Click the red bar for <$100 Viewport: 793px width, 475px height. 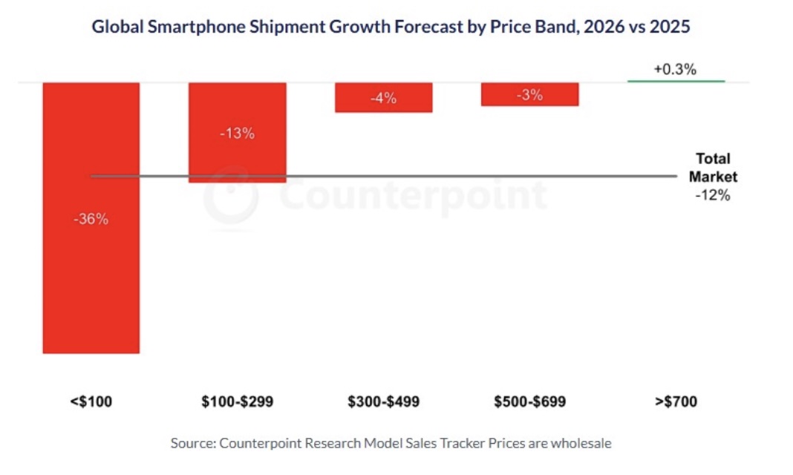coord(91,282)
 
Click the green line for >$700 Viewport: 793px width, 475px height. coord(676,81)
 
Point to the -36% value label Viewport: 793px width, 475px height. coord(91,220)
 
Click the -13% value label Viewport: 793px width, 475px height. coord(238,134)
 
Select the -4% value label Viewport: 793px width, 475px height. coord(383,98)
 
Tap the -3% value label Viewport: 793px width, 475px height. coord(529,95)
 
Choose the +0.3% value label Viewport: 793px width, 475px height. coord(675,70)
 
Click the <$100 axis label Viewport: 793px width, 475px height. coord(91,402)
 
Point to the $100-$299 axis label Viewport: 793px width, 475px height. coord(237,402)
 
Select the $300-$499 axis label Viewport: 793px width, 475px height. coord(383,402)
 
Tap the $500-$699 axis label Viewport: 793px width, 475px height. coord(529,402)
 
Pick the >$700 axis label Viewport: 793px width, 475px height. coord(676,402)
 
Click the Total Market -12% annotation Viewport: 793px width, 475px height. coord(713,177)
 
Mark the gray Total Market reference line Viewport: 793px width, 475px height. coord(446,177)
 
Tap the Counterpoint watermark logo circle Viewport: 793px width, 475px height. coord(231,194)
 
